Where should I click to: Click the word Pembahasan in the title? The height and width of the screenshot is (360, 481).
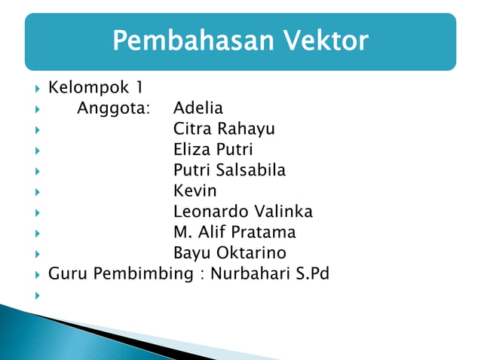point(193,41)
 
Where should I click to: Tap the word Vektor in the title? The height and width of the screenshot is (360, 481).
point(324,41)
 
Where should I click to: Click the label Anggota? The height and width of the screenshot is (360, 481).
point(114,108)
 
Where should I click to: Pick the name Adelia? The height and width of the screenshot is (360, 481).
point(198,108)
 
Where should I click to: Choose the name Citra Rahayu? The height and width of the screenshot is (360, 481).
point(224,129)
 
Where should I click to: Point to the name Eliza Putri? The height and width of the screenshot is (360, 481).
point(213,149)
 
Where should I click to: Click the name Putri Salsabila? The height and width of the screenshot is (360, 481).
point(229,170)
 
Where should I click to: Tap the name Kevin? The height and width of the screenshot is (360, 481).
point(195,191)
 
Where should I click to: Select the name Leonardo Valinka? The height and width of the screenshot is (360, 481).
point(243,211)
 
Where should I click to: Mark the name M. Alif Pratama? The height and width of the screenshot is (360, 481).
point(234,232)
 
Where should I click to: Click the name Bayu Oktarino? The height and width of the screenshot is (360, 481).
point(229,252)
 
